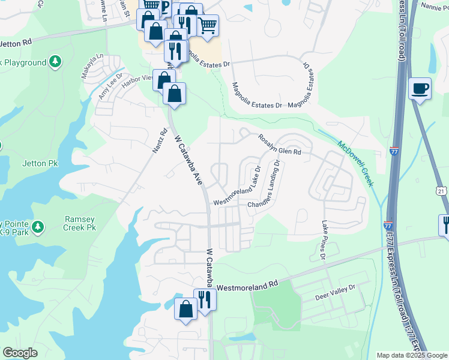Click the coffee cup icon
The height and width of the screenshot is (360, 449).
(x=420, y=89)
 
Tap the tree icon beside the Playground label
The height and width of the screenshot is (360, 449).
(x=55, y=62)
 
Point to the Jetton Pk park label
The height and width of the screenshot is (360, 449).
(x=40, y=163)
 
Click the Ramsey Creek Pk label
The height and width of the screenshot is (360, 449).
(x=80, y=223)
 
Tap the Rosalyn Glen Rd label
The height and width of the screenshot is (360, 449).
(x=279, y=144)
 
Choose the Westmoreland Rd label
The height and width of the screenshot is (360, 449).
(x=248, y=287)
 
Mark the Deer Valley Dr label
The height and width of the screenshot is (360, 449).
(x=336, y=292)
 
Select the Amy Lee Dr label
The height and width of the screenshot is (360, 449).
(x=110, y=86)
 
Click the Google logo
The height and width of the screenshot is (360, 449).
(x=20, y=353)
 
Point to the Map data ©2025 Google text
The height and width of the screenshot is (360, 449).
(x=411, y=355)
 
